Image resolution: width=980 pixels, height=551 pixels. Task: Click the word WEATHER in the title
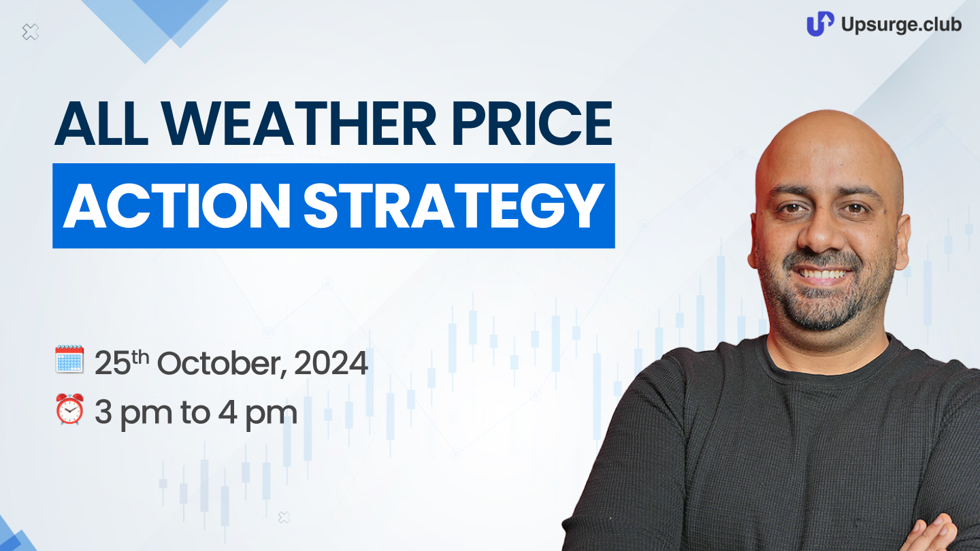[299, 123]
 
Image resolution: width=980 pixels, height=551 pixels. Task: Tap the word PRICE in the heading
[532, 123]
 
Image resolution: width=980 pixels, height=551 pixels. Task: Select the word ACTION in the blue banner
[177, 205]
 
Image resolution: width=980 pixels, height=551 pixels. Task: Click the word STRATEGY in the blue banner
[453, 205]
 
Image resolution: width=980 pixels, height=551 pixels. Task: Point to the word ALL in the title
[101, 123]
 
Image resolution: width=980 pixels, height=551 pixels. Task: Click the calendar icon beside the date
[69, 359]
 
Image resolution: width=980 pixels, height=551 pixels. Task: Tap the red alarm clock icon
[69, 408]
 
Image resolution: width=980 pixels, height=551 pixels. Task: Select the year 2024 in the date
[331, 363]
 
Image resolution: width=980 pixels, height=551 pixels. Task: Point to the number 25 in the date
[112, 363]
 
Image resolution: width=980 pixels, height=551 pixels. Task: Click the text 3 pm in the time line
[133, 414]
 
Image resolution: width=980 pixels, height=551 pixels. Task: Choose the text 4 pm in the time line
[258, 414]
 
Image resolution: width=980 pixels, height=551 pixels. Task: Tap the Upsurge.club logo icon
[820, 24]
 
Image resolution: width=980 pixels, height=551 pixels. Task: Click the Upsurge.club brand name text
[901, 24]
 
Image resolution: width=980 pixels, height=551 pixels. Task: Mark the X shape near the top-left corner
[31, 32]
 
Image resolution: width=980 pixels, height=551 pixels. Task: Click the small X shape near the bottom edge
[284, 517]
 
